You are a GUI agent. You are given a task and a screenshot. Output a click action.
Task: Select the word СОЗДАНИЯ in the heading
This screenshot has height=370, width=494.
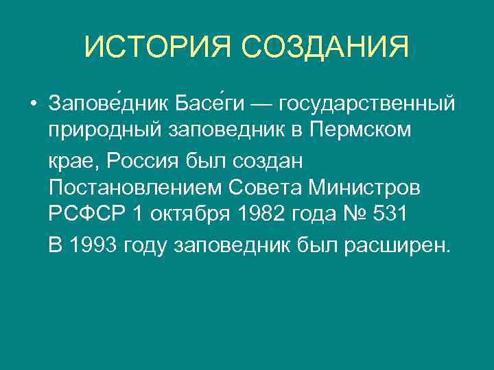325,47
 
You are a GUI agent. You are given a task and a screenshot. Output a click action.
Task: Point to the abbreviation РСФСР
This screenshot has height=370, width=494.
86,214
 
